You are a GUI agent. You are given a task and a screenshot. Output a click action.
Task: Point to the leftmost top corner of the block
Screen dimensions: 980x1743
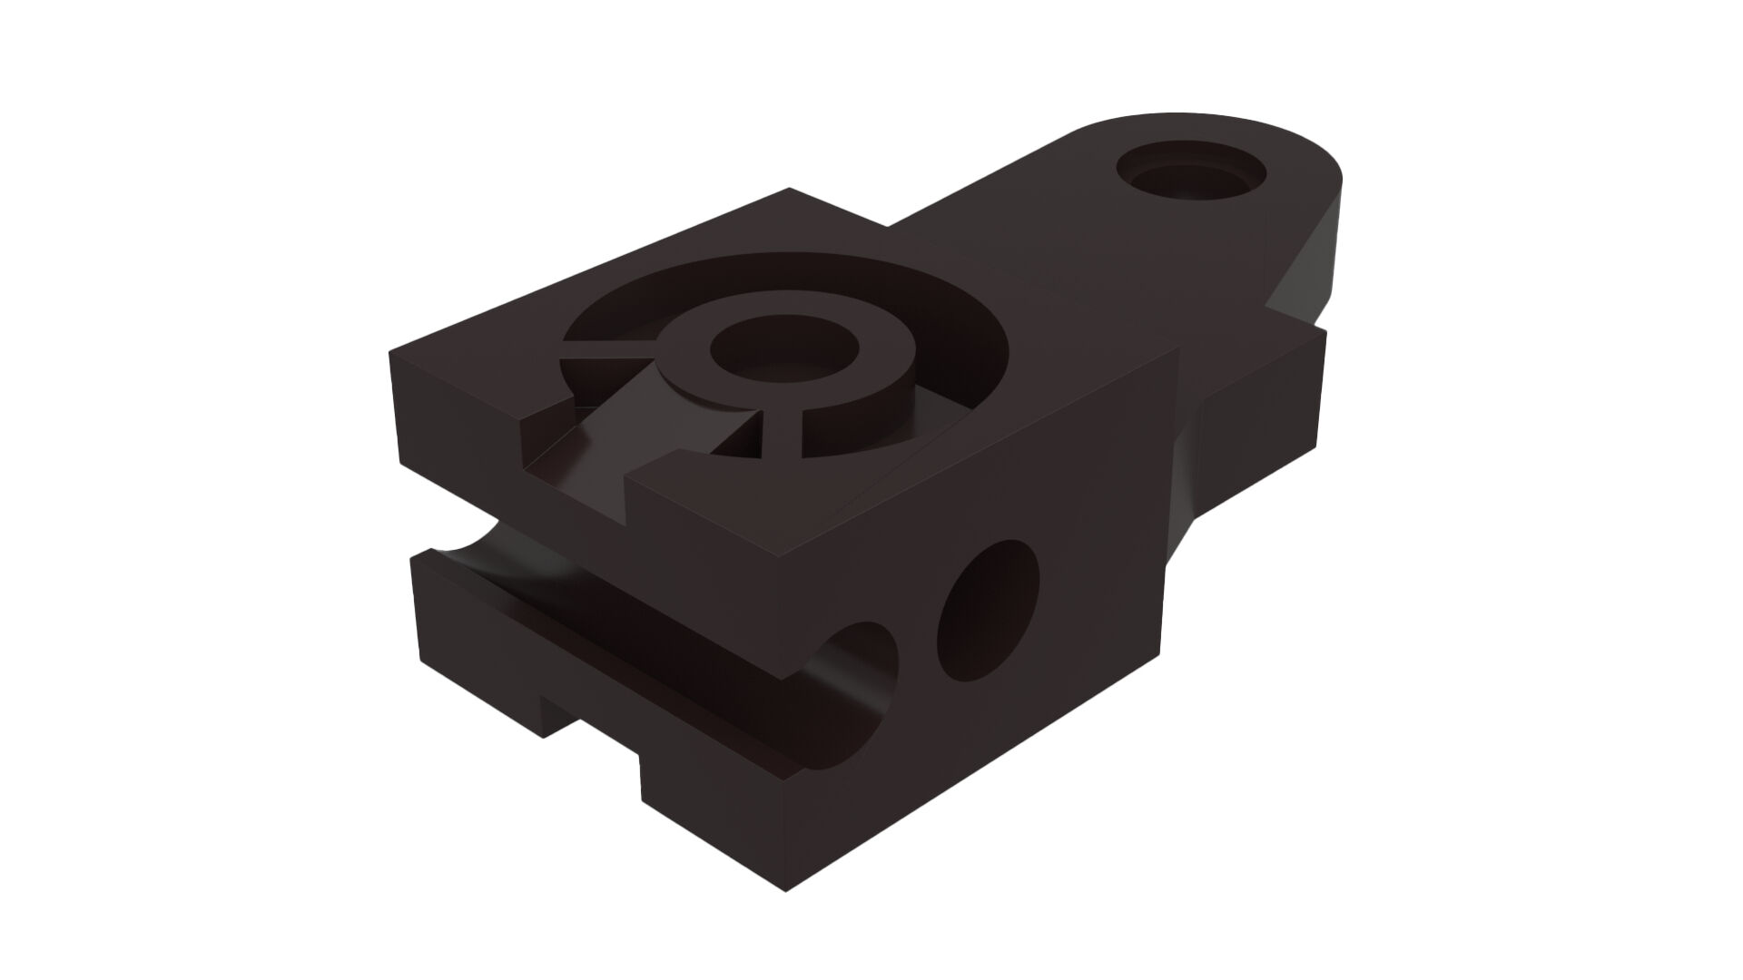(x=391, y=352)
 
